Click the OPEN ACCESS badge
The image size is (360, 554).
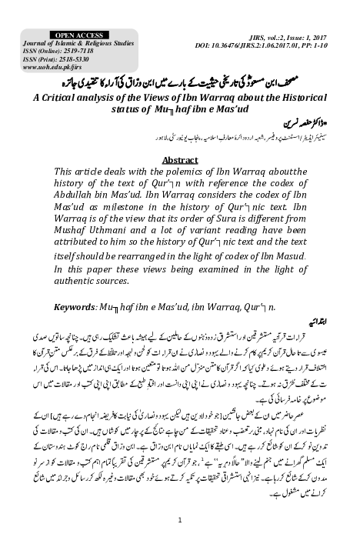click(72, 35)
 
